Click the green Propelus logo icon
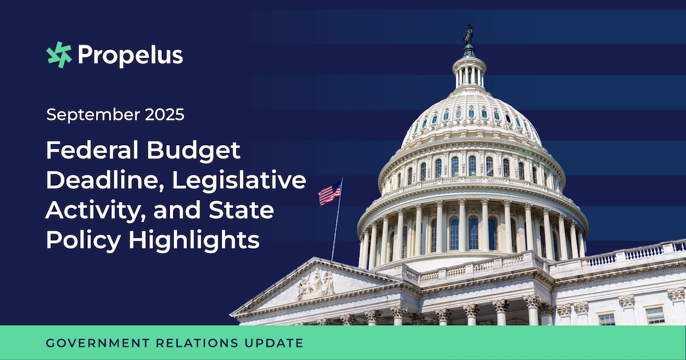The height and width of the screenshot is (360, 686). point(59,55)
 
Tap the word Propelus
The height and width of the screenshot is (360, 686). point(130,55)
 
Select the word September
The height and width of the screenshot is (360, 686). point(93,115)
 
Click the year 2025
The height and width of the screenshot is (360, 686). point(165,114)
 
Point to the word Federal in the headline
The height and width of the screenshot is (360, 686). point(92,150)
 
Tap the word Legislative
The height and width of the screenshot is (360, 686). point(239,181)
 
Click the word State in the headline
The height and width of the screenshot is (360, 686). point(241,210)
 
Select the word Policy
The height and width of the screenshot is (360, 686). point(83,241)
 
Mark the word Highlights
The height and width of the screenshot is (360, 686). point(194,241)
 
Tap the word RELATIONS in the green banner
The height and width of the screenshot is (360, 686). point(197,343)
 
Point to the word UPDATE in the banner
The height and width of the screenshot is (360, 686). point(274,343)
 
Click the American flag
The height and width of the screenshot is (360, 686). point(329,193)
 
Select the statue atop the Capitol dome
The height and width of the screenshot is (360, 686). point(468,35)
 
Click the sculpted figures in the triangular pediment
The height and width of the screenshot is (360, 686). point(316,285)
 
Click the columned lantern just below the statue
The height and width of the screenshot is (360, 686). point(469,73)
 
